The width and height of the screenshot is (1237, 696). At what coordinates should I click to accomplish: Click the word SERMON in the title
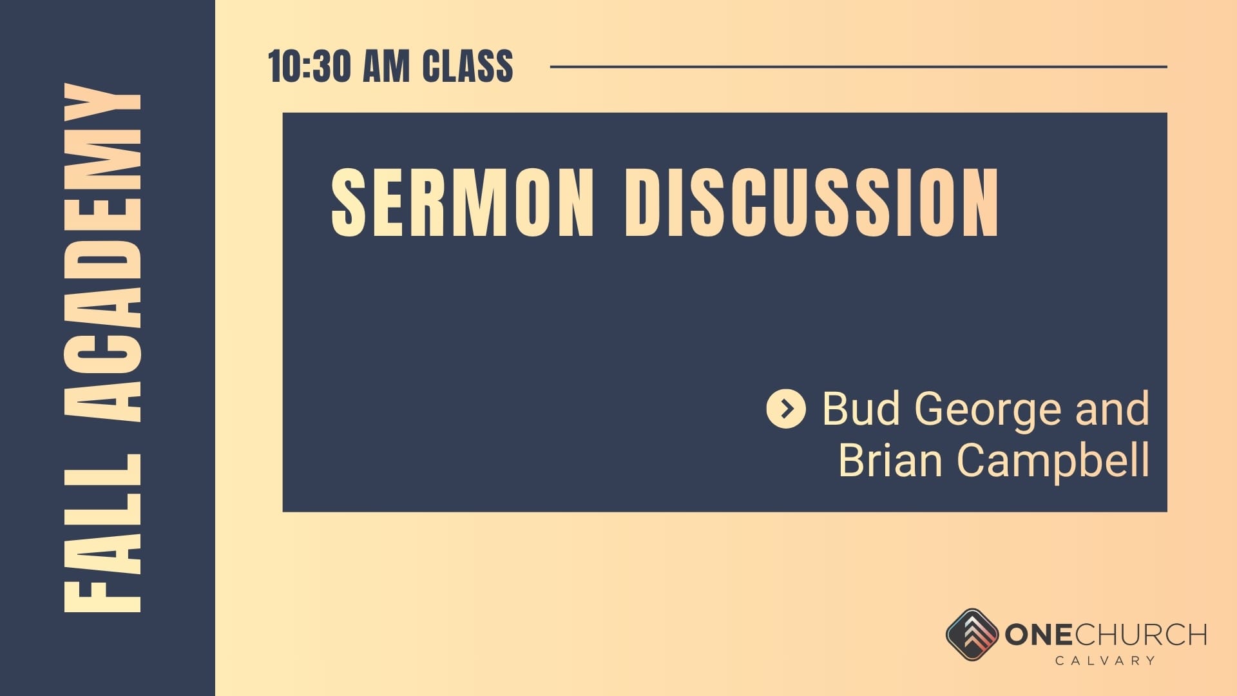click(x=462, y=202)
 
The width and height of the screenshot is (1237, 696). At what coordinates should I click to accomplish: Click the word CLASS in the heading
click(x=468, y=66)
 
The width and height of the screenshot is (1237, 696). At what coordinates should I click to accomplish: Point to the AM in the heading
click(x=387, y=66)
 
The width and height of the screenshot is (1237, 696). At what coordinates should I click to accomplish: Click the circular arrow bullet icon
click(x=786, y=409)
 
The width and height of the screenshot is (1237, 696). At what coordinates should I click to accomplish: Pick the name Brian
click(x=890, y=459)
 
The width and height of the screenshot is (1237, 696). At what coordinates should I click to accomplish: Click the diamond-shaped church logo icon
click(x=972, y=635)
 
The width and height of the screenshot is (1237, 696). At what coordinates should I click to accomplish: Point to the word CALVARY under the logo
click(x=1105, y=660)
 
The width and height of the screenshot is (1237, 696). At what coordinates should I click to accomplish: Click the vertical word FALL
click(x=103, y=533)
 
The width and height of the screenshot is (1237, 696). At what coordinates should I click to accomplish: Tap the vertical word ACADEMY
click(x=103, y=253)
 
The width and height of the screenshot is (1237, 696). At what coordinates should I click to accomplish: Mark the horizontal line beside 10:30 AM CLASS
click(x=859, y=66)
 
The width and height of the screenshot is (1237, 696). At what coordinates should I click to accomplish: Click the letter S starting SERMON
click(x=349, y=202)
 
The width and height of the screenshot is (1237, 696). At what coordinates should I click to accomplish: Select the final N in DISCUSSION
click(x=980, y=202)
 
